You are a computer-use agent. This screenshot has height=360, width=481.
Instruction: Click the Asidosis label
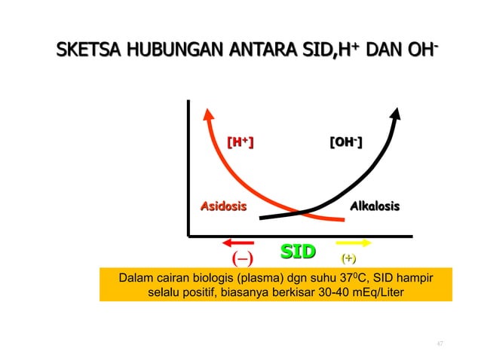[x=222, y=206]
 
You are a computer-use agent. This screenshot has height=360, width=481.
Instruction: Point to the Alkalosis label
[x=374, y=206]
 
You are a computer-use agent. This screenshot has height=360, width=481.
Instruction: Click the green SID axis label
[x=298, y=251]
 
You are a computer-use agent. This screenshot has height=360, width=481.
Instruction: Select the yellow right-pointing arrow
[x=354, y=243]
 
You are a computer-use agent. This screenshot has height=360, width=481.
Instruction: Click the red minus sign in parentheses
[x=242, y=260]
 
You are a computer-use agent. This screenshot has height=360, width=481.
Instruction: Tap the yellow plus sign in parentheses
[x=349, y=258]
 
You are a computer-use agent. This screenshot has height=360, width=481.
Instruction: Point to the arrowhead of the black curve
[x=395, y=109]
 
